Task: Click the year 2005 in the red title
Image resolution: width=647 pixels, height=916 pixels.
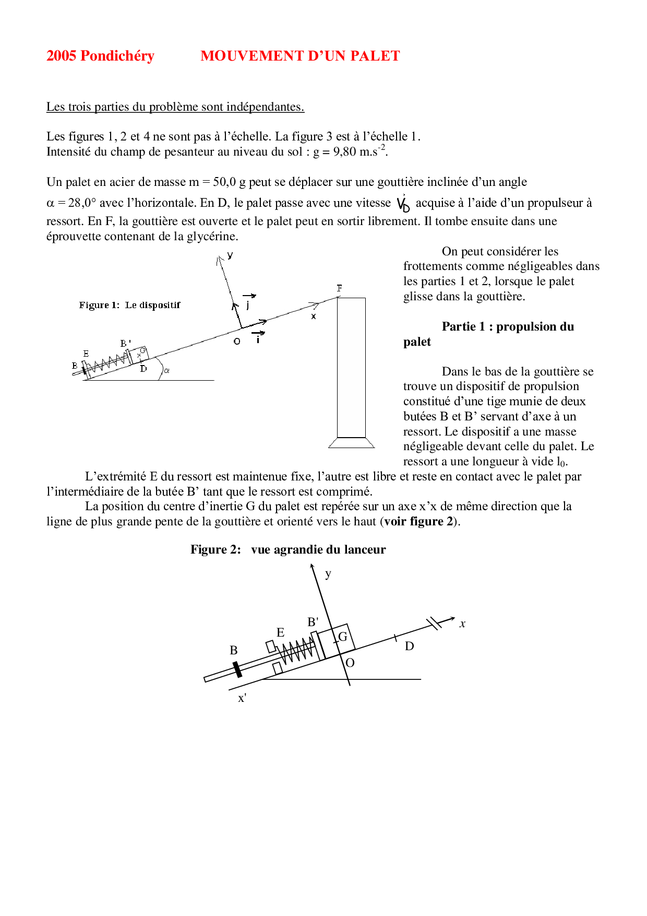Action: [62, 56]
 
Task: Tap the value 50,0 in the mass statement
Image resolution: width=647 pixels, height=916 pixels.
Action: [224, 182]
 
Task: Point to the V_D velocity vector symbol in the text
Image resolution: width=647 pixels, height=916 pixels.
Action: [403, 204]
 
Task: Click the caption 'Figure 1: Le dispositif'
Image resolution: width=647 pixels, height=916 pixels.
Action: [129, 305]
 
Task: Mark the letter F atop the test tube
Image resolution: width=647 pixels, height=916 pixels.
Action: [340, 288]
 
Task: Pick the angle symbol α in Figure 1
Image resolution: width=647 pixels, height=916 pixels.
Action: [167, 371]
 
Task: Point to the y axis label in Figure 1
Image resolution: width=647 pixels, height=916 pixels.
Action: [230, 255]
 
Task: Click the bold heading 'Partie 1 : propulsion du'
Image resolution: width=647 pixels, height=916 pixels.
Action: [508, 327]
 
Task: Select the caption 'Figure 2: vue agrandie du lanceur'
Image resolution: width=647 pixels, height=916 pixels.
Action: [287, 549]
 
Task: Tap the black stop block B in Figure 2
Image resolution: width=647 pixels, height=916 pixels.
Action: [237, 670]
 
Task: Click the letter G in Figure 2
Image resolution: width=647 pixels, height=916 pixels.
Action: [343, 637]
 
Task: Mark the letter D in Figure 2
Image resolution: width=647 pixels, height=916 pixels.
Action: [410, 647]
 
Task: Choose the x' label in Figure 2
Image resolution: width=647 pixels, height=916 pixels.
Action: [242, 699]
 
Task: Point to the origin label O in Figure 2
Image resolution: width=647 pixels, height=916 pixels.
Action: [350, 663]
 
